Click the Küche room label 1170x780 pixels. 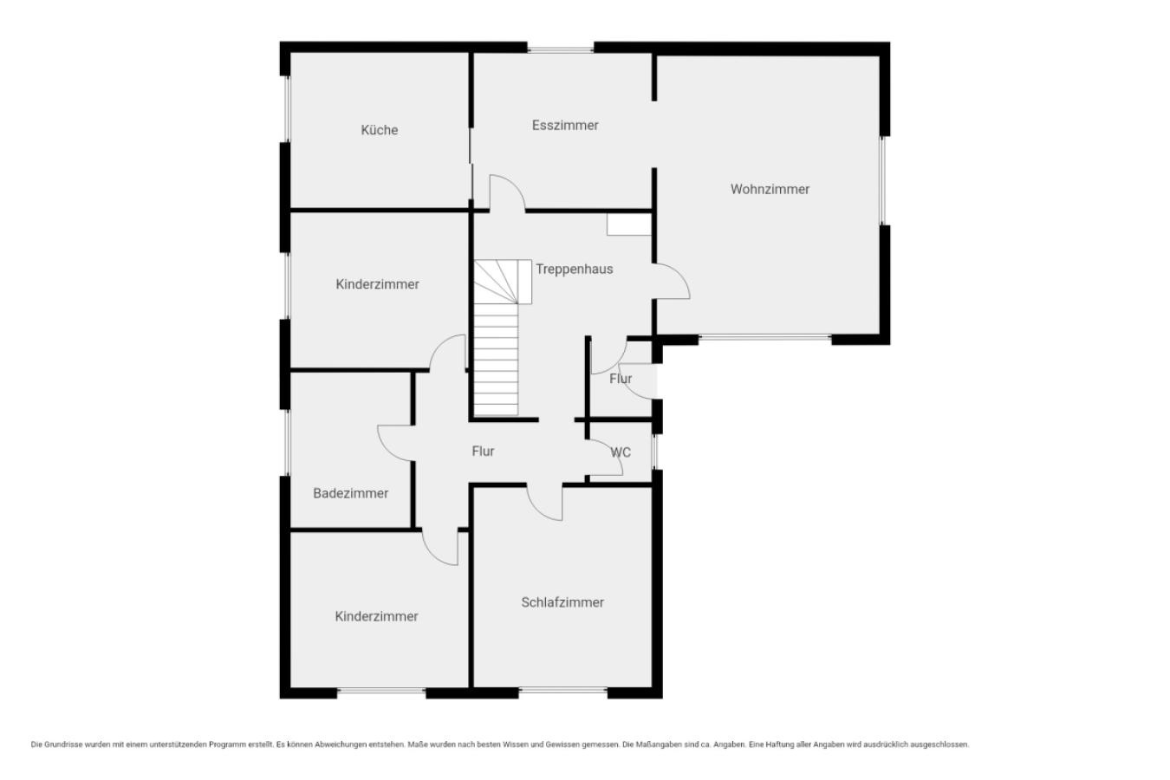(x=380, y=129)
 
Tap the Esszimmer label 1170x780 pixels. (x=565, y=126)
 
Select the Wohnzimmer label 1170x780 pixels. (x=770, y=189)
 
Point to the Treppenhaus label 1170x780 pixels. (x=574, y=269)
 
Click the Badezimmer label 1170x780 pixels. (x=350, y=493)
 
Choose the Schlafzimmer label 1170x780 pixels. (x=562, y=602)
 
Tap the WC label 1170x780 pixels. (x=621, y=452)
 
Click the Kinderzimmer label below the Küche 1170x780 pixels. (x=377, y=284)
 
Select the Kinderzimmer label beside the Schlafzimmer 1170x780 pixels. (x=377, y=616)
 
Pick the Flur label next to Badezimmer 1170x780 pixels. (x=483, y=452)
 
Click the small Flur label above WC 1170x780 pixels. (x=621, y=379)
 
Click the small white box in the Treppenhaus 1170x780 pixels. (x=629, y=224)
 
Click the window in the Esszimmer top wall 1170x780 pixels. (x=560, y=50)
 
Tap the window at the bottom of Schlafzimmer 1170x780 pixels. (x=563, y=691)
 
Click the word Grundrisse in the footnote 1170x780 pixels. (x=64, y=744)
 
